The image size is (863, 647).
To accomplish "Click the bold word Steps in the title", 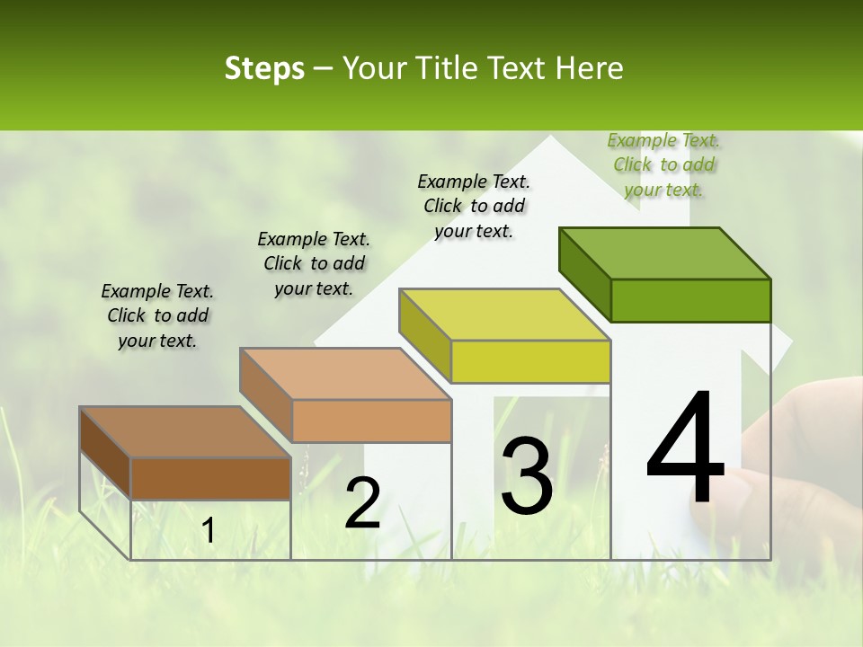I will coord(264,68).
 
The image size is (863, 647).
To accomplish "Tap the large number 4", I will coord(685,449).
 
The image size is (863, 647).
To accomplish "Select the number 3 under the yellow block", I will coord(526,475).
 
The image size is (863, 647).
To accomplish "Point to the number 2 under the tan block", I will coord(362,503).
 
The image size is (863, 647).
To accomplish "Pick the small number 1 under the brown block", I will coord(208,531).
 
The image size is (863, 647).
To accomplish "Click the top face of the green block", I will coord(665,253).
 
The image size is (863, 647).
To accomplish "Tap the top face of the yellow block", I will coord(504,315).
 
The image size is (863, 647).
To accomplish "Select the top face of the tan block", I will coord(345,373).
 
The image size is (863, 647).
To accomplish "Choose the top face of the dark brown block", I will coord(185,431).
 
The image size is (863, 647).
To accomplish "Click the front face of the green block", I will coord(690,300).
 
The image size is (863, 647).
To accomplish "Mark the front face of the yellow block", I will coord(530,361).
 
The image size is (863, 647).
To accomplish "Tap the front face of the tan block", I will coord(371,421).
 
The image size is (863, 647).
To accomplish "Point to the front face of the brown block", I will coord(211,478).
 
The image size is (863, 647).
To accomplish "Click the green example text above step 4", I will coord(664,164).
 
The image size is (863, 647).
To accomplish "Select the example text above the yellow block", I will coord(474,206).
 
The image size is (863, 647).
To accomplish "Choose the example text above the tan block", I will coord(314,263).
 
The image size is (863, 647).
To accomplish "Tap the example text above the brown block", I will coord(157,315).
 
